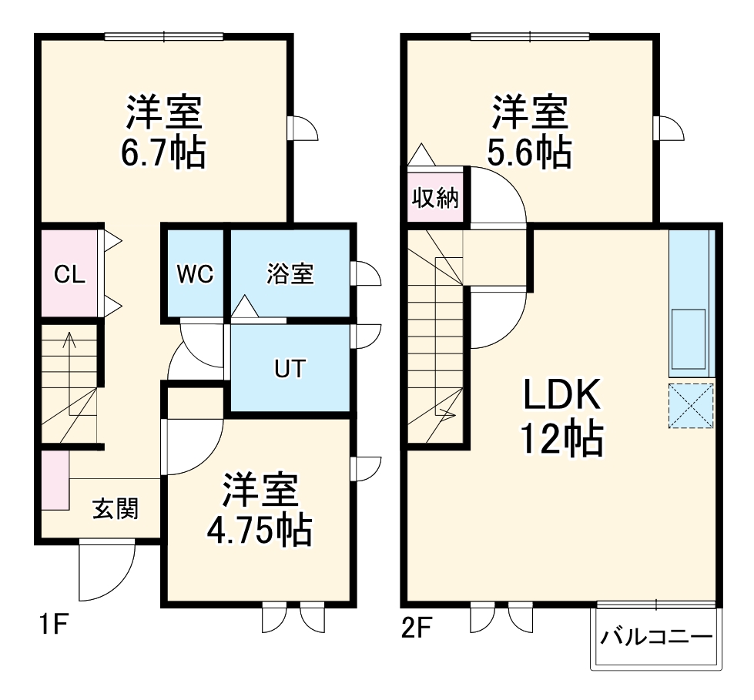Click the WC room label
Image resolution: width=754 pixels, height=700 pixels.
pos(195,274)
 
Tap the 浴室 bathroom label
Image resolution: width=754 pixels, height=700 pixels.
pos(290,274)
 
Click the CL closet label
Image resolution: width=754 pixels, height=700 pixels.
pos(69,274)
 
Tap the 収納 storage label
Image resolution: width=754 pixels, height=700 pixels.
pos(435,199)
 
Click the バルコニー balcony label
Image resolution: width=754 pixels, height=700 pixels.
pos(656,638)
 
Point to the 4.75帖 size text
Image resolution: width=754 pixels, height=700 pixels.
pos(260,530)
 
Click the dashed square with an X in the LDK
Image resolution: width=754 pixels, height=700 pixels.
pos(691,405)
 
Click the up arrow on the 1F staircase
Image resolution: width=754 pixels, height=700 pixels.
pos(69,339)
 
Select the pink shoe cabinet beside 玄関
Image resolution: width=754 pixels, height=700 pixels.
pos(55,480)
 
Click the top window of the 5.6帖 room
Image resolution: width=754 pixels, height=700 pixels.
pos(530,35)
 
